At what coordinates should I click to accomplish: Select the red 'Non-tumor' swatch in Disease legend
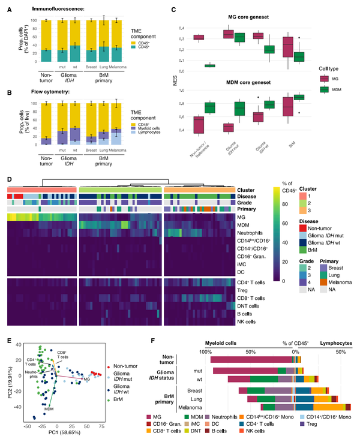coord(302,228)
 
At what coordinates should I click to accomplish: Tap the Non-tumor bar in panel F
coord(253,359)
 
